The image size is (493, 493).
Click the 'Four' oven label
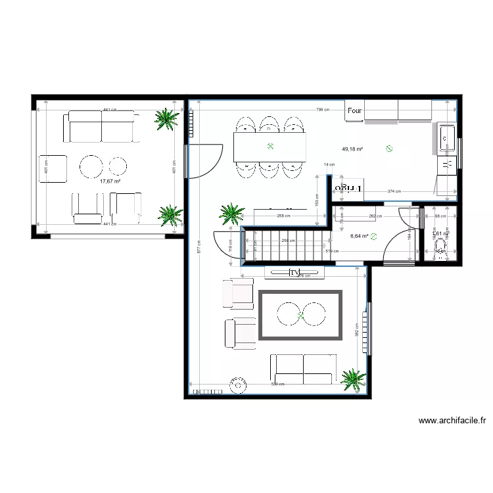tap(355, 112)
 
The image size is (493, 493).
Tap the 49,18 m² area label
tap(352, 149)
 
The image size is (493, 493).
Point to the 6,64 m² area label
tap(359, 236)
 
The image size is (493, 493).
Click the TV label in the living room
tap(294, 272)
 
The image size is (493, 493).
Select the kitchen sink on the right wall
tap(446, 136)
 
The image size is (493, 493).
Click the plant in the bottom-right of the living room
tap(354, 379)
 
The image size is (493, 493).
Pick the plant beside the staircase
tap(231, 213)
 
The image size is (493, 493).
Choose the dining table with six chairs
tap(270, 147)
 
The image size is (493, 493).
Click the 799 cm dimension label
tap(323, 110)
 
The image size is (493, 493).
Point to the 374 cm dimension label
tap(394, 192)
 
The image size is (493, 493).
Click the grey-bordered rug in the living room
tap(300, 315)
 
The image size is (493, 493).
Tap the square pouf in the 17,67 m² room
tap(53, 169)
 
